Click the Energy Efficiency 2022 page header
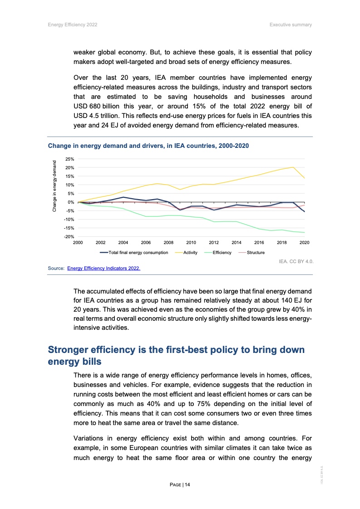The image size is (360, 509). (x=72, y=24)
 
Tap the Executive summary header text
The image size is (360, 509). (x=291, y=24)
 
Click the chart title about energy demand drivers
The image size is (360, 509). (x=148, y=146)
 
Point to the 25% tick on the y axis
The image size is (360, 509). (x=69, y=160)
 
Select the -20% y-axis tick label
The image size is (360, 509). (x=69, y=237)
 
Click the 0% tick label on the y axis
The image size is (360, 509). (x=70, y=202)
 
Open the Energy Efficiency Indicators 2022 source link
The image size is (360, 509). (x=104, y=269)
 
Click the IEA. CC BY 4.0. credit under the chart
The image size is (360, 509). (x=297, y=262)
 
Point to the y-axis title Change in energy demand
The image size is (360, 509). (x=54, y=186)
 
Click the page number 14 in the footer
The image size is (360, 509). (x=180, y=485)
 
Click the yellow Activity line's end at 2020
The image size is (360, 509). (x=304, y=178)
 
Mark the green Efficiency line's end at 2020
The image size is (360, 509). (x=304, y=233)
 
